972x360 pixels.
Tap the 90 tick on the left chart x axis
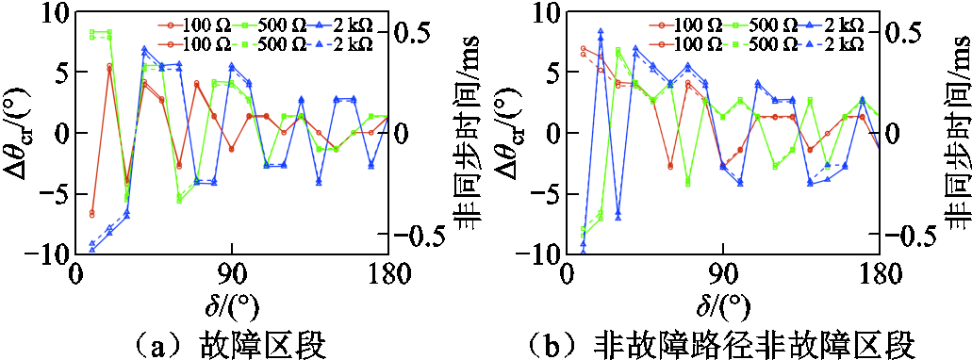[x=232, y=273]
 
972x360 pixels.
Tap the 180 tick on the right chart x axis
[x=879, y=273]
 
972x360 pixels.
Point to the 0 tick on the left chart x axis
[x=76, y=273]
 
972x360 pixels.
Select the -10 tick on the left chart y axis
[x=49, y=254]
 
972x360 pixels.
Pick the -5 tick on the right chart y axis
[x=546, y=194]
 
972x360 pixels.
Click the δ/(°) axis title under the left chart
[x=231, y=305]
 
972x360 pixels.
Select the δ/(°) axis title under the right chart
[x=723, y=305]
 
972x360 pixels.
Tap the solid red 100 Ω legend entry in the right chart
[x=680, y=25]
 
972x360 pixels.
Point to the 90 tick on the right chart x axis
[x=723, y=273]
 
